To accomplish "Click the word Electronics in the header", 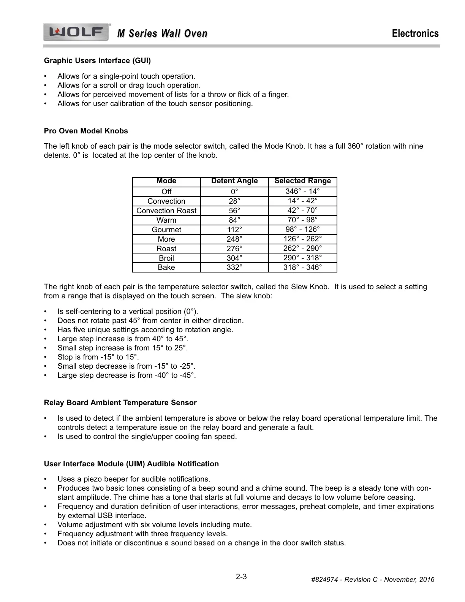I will coord(415,33).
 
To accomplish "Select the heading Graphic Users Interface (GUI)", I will coord(97,61).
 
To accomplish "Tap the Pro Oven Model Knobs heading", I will coord(86,131).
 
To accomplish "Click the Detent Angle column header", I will coord(234,181).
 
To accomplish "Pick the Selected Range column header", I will coord(302,181).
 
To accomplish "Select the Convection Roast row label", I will coord(166,211).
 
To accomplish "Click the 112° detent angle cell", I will coord(234,230).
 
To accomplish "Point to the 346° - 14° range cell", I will coord(302,191).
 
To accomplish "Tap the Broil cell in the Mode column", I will coord(166,258).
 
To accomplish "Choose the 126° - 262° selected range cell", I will coord(302,239).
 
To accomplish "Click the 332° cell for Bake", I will coord(234,268).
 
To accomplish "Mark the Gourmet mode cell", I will coord(166,230).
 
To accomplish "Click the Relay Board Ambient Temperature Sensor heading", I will coord(120,403).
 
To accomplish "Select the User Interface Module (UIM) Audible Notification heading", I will coord(131,464).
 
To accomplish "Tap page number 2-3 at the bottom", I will coord(241,577).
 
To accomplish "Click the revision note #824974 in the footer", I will coord(372,580).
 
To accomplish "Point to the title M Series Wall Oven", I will coord(162,34).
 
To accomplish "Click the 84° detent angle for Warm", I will coord(234,220).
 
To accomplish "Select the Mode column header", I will coord(166,181).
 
